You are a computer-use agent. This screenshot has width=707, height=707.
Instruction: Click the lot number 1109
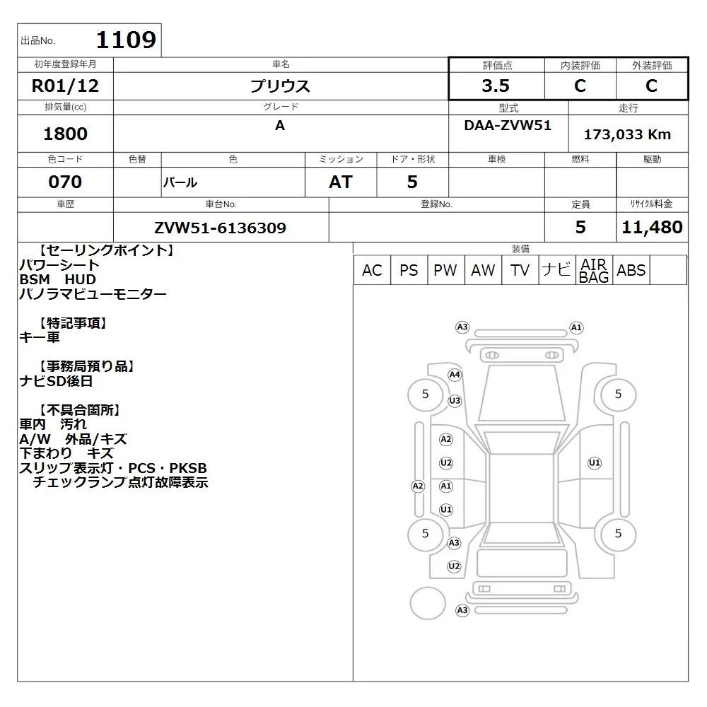pos(126,40)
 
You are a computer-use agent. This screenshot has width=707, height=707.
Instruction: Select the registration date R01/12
pos(65,86)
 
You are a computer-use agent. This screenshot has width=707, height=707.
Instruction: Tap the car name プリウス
pos(280,86)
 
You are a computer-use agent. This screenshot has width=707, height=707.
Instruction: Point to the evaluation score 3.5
pos(496,86)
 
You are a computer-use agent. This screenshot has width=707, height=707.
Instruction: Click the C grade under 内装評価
pos(580,86)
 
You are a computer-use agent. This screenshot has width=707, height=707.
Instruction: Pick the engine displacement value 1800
pos(65,134)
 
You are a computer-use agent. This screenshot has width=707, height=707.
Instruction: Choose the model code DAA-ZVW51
pos(508,125)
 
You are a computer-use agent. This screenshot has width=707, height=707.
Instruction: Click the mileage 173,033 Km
pos(627,134)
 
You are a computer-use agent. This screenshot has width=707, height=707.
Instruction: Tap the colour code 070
pos(65,182)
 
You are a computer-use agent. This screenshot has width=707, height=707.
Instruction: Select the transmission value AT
pos(341,182)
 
